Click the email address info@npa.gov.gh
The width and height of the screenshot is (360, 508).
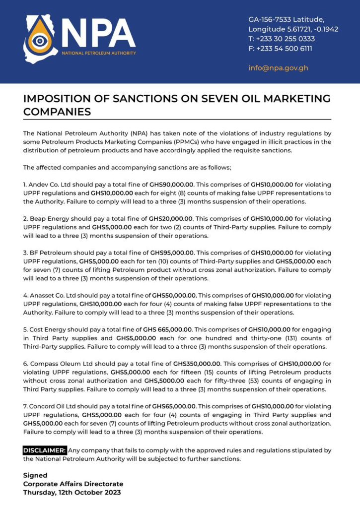pos(278,67)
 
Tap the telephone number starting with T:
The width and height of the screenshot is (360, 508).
pos(282,39)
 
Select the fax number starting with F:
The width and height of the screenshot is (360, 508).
pos(281,48)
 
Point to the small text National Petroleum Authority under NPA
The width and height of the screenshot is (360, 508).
pos(98,53)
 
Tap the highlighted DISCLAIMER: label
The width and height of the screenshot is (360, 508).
pos(45,450)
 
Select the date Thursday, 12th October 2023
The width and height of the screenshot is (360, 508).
pos(72,493)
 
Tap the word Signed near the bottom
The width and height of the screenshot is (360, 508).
pos(35,475)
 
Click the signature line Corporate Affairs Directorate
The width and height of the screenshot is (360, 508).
pos(73,484)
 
